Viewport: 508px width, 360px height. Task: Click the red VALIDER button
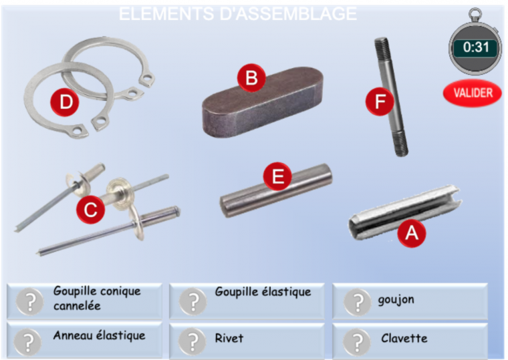click(x=473, y=93)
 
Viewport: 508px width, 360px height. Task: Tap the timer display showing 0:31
click(x=475, y=47)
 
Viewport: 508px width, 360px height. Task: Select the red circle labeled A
click(x=412, y=233)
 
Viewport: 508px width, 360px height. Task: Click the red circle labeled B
click(x=251, y=78)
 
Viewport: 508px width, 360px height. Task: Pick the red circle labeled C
click(x=90, y=210)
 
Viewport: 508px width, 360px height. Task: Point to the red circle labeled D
click(x=65, y=102)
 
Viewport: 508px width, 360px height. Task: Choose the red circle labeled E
click(x=277, y=176)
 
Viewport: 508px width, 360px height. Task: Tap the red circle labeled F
click(x=380, y=102)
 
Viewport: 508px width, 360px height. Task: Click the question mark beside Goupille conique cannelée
click(x=30, y=302)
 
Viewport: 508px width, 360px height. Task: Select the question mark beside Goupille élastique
click(x=193, y=302)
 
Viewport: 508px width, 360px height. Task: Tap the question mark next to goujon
click(x=358, y=302)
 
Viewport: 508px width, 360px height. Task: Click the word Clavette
click(x=404, y=339)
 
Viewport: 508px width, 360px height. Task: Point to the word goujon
click(x=396, y=300)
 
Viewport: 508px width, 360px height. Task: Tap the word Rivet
click(x=229, y=339)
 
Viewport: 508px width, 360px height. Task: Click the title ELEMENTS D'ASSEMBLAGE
click(x=238, y=13)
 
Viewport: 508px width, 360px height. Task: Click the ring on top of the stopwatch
click(x=475, y=15)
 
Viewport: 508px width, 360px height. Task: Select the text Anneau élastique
click(x=99, y=335)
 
